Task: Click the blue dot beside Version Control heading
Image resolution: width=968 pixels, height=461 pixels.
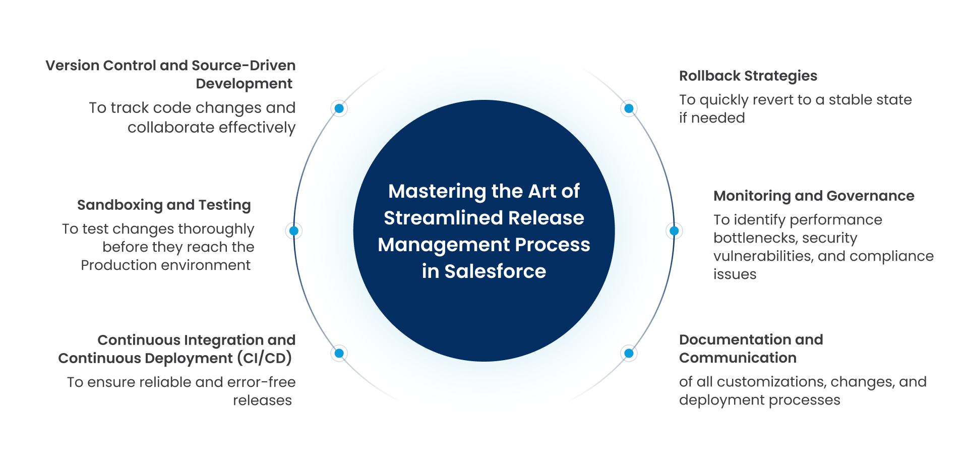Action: coord(339,108)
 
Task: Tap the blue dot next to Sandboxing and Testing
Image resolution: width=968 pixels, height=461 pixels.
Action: coord(294,231)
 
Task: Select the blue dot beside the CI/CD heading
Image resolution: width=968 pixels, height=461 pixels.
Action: coord(339,354)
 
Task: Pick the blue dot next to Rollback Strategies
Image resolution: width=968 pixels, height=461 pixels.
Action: coord(629,108)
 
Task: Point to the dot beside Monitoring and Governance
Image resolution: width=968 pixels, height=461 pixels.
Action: coord(674,231)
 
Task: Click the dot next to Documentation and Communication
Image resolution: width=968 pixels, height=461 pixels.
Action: coord(629,354)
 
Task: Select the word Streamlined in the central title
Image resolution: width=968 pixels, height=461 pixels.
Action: coord(443,218)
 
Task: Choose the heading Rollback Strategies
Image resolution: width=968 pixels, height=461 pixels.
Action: coord(748,76)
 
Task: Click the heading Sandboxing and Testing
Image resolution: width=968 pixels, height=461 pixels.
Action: coord(164,205)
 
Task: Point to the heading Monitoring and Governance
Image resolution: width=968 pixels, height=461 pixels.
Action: coord(813,196)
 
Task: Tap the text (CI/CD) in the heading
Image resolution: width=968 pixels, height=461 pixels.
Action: coord(265,358)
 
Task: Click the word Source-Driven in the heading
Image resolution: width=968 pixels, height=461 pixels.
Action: coord(244,66)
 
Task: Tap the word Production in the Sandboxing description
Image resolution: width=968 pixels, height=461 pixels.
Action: coord(116,265)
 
